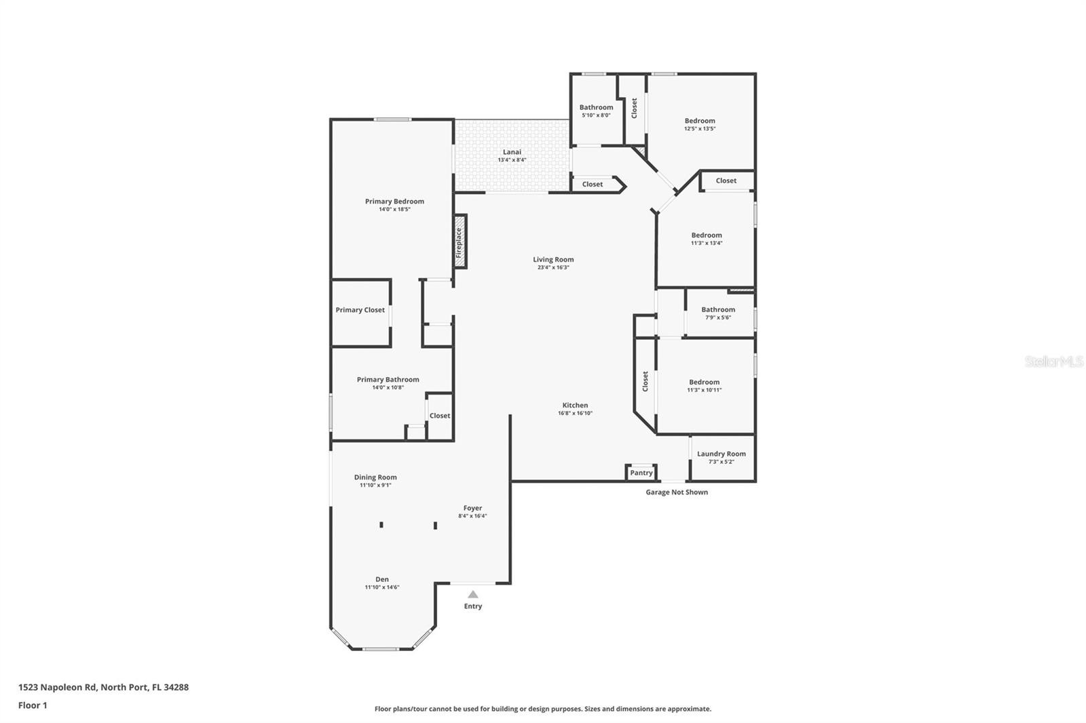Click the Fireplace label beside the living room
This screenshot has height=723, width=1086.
pos(459,243)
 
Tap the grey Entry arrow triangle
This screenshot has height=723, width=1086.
pos(472,594)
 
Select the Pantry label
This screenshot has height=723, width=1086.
pos(641,473)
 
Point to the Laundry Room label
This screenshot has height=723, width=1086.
pos(722,454)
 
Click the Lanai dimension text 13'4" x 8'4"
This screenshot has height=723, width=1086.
pos(512,160)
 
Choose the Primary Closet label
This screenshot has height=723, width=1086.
pos(360,310)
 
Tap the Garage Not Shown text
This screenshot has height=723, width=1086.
pos(677,492)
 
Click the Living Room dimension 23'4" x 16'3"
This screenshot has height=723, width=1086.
pos(553,267)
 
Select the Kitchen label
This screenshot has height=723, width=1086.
pos(575,405)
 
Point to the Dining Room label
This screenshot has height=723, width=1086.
pos(375,477)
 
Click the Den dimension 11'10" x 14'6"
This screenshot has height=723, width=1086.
pos(382,587)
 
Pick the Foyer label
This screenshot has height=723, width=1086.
pos(472,508)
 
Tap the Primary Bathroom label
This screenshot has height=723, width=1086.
pos(388,379)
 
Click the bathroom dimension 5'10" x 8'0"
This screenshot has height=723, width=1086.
pos(597,115)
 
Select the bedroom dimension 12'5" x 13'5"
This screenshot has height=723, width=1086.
pos(700,129)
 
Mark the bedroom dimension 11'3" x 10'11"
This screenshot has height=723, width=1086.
pos(705,390)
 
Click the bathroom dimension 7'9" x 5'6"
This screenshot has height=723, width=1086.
pos(718,318)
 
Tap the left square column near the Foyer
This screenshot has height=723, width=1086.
pos(381,525)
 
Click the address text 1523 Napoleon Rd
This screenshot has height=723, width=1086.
pos(57,687)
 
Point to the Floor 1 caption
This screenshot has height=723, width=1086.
pos(33,705)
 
